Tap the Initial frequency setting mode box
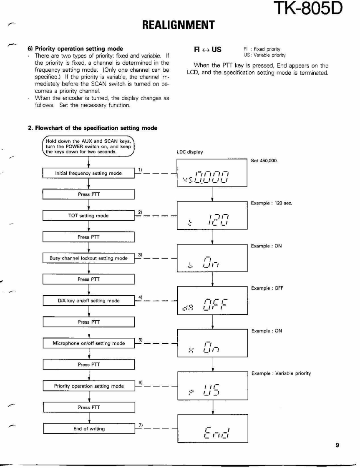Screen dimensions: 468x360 [88, 173]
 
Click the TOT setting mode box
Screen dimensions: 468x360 [88, 216]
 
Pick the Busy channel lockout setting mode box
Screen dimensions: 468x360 [88, 258]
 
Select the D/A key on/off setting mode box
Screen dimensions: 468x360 [88, 301]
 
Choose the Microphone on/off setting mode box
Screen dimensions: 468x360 [88, 343]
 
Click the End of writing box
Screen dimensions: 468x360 [88, 428]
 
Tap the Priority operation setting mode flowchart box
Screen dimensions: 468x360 [88, 386]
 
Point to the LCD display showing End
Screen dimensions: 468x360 [212, 429]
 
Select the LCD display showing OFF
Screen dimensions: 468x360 [212, 300]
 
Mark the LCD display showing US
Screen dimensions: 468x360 [212, 386]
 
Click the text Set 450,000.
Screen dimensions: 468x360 [264, 161]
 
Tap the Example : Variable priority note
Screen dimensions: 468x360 [281, 373]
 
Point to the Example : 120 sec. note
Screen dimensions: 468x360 [271, 203]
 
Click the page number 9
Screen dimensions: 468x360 [337, 445]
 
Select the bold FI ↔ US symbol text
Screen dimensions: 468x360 [207, 50]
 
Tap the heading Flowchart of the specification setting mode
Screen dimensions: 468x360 [93, 128]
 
